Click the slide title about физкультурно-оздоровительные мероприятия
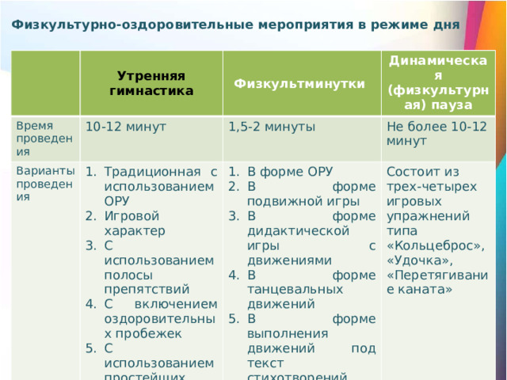pos(236,25)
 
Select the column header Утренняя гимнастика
pos(151,83)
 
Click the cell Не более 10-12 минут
pos(436,134)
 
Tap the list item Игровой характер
pos(134,222)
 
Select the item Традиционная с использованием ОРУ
pos(158,186)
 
